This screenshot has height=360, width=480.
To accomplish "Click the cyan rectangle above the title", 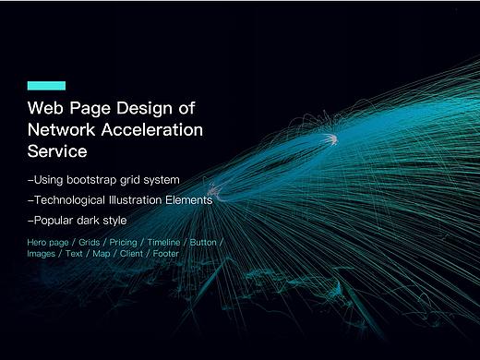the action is [x=46, y=86].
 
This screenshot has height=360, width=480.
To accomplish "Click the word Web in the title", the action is [x=45, y=108].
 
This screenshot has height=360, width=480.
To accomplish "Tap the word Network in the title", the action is [x=61, y=129].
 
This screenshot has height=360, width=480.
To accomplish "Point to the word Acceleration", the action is [x=152, y=129].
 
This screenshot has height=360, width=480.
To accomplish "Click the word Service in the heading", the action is [x=57, y=151].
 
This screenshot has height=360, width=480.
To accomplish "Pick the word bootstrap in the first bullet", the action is [x=91, y=180].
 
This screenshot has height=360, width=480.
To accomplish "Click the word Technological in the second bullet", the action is [x=69, y=200].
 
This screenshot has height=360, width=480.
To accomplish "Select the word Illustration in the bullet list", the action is [x=136, y=200].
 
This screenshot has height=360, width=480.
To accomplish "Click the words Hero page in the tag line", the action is [x=48, y=243].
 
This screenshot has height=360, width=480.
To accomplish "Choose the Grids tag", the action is [x=90, y=243].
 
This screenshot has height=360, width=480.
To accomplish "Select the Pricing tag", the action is [x=123, y=243].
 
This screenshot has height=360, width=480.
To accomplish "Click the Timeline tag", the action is [x=163, y=243].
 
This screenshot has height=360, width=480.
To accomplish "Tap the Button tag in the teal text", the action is [x=203, y=243].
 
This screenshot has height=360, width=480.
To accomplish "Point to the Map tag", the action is [x=102, y=254].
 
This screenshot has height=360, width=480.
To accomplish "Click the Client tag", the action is [x=131, y=254].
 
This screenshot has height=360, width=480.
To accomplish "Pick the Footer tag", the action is [x=166, y=254].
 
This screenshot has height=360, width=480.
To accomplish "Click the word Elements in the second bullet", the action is [x=189, y=200].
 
